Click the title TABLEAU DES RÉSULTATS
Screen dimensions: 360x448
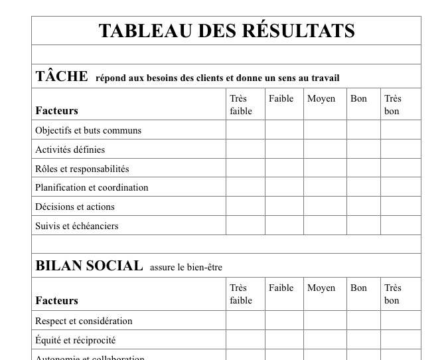(226, 31)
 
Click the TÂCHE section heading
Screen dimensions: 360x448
(62, 76)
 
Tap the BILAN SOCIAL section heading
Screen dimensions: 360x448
(89, 266)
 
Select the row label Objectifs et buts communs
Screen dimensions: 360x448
(88, 130)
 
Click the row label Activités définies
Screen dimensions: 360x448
(70, 149)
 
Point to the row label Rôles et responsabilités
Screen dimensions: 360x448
(82, 169)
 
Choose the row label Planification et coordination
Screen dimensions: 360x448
(92, 187)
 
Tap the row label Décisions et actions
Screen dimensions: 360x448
(75, 207)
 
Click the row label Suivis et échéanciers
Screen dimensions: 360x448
(76, 226)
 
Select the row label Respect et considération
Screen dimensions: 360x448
(84, 321)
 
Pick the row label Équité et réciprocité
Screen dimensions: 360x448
(75, 340)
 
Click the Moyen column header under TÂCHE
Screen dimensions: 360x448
(321, 98)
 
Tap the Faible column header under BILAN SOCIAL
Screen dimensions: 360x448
(281, 288)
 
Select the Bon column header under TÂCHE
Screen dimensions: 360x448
(358, 98)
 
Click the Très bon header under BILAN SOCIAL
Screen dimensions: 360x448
(393, 294)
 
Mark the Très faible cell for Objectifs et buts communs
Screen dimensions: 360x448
(245, 130)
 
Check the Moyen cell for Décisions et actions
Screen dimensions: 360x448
(325, 207)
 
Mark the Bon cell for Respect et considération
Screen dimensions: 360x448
(363, 321)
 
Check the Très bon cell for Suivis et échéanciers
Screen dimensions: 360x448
(400, 226)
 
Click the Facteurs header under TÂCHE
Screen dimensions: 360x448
(56, 110)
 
